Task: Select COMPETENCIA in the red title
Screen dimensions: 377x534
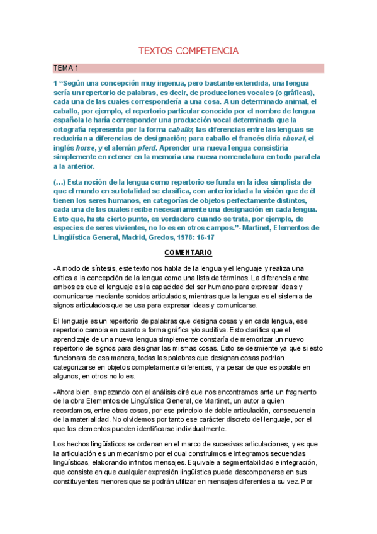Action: point(206,50)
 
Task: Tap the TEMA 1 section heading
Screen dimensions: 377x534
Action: point(65,68)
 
